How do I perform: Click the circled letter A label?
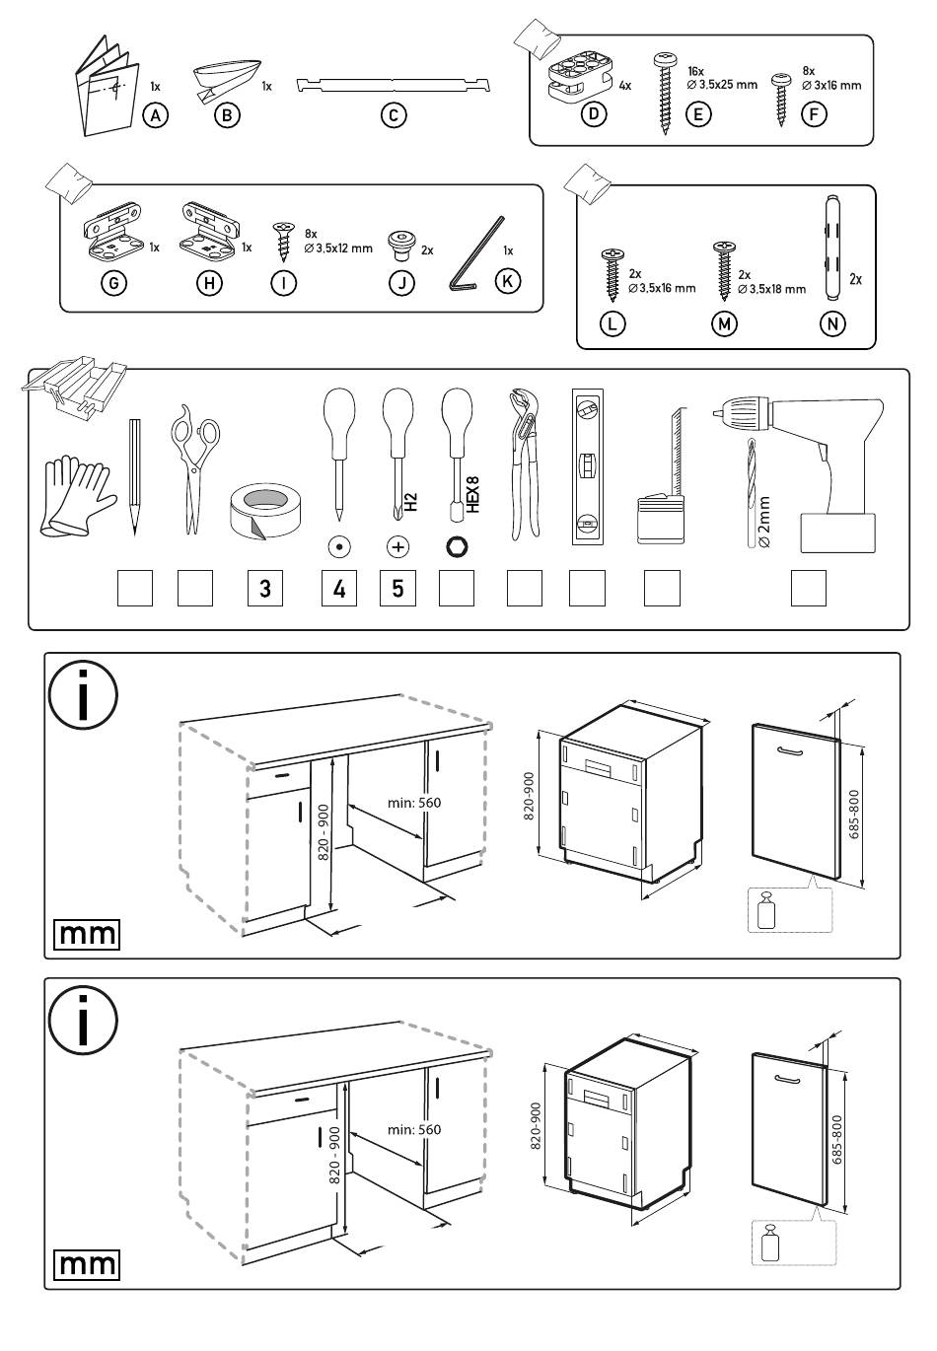[155, 115]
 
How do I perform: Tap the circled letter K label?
[507, 281]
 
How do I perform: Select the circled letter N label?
[832, 322]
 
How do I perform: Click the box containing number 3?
[264, 589]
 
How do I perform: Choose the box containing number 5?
[397, 589]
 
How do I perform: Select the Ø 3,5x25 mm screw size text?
[722, 85]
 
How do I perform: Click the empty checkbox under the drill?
[809, 589]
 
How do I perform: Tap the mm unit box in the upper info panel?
[87, 934]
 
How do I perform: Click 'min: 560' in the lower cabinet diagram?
[414, 1129]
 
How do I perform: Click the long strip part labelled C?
[395, 83]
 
